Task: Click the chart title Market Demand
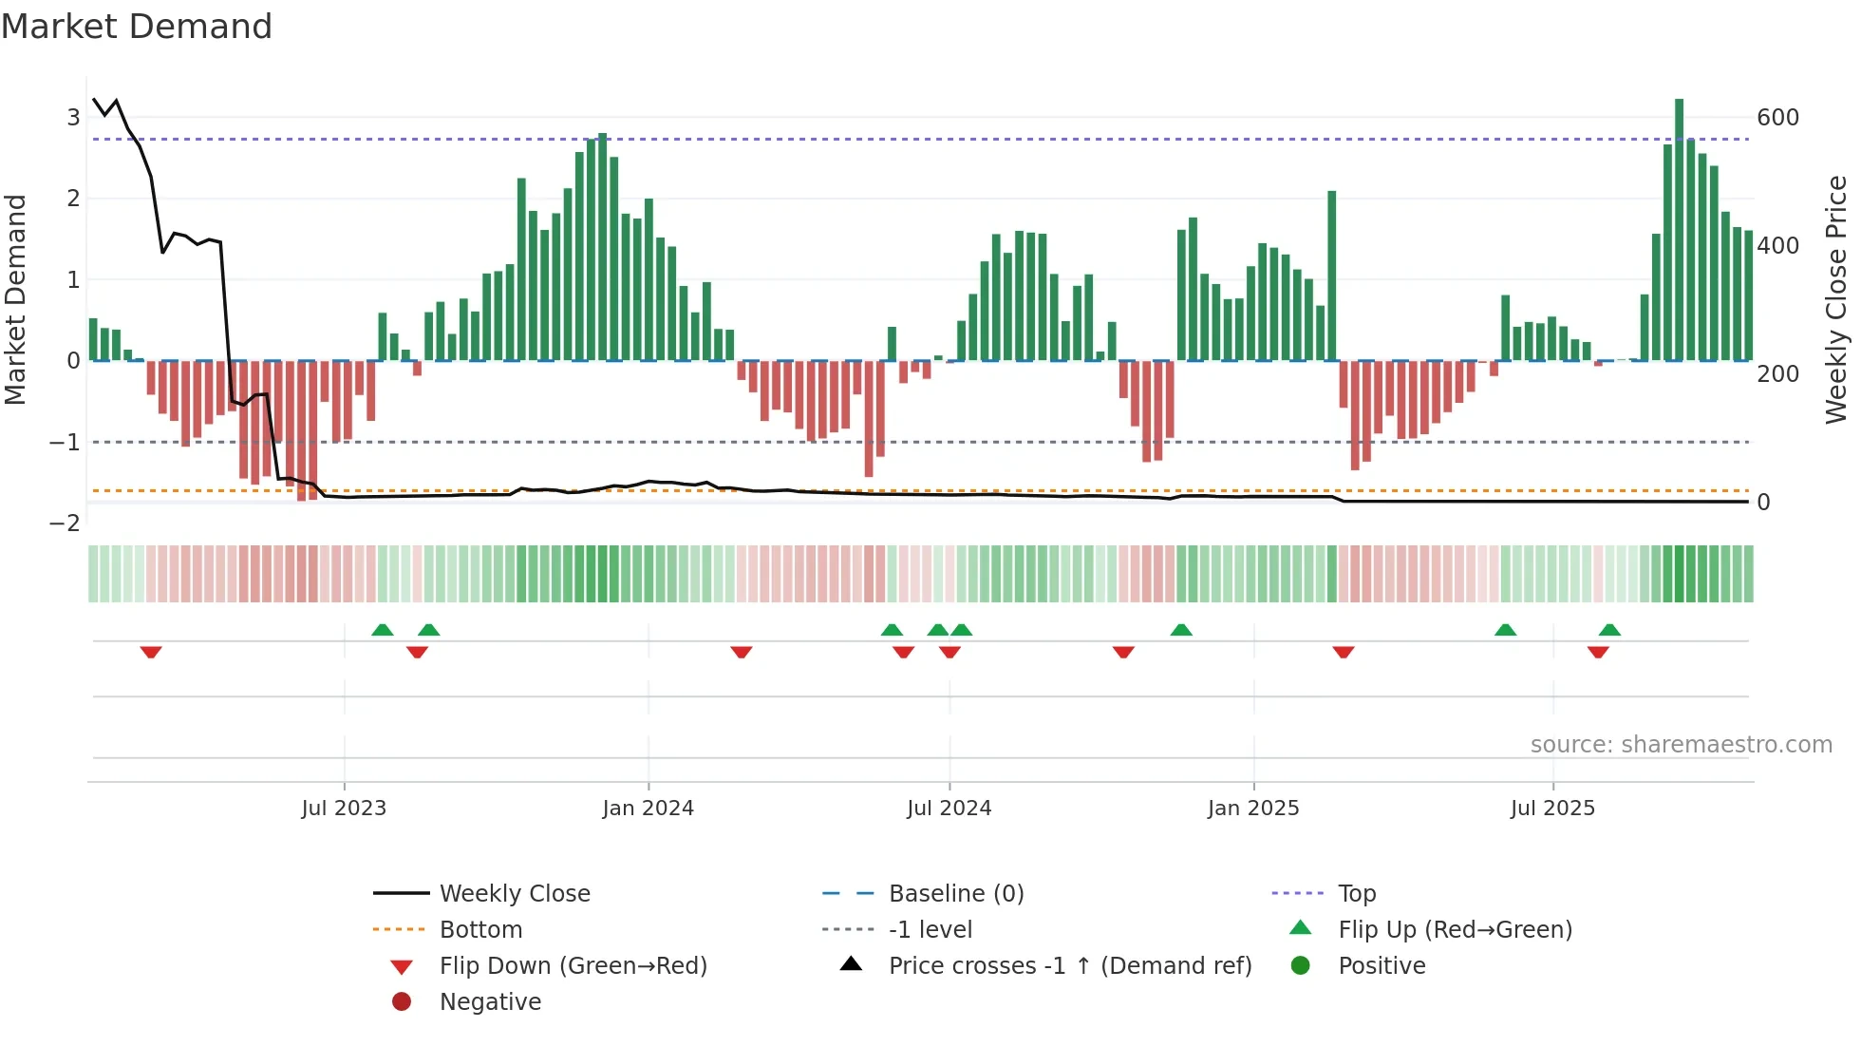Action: (x=137, y=27)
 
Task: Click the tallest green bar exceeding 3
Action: (x=1679, y=228)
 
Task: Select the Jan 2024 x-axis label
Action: (x=648, y=809)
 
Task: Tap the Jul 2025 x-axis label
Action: (x=1552, y=809)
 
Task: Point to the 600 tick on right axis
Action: (x=1777, y=118)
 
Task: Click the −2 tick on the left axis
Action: (x=65, y=523)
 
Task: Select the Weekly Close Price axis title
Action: (x=1836, y=299)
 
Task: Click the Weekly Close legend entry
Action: (x=514, y=894)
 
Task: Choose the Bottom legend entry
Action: (x=480, y=930)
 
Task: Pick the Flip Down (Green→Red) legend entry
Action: (x=573, y=966)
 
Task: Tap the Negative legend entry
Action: (x=490, y=1002)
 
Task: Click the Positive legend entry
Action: (x=1382, y=966)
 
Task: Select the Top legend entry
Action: (x=1357, y=894)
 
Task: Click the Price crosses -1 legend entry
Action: (x=1069, y=966)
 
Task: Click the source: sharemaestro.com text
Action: (x=1681, y=745)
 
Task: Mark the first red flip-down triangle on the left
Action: (x=151, y=652)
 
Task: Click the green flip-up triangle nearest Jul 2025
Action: (x=1505, y=630)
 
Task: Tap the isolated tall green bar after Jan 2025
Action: (x=1331, y=276)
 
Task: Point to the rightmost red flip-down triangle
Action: (x=1598, y=652)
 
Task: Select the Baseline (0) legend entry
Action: (x=955, y=894)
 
